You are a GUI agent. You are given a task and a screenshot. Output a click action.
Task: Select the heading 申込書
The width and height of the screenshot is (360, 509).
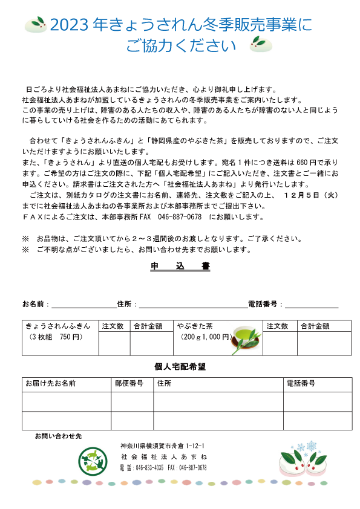(x=180, y=266)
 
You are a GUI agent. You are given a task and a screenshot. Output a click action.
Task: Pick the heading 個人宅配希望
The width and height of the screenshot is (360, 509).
(x=180, y=367)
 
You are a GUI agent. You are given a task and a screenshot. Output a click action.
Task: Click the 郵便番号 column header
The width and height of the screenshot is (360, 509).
(x=129, y=384)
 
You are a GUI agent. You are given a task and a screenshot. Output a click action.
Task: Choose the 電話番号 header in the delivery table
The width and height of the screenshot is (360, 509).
(x=301, y=384)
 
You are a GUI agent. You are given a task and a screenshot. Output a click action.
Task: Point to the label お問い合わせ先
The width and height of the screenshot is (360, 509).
(x=58, y=435)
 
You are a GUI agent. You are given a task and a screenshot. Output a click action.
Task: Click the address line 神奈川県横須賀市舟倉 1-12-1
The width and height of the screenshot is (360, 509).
(x=163, y=446)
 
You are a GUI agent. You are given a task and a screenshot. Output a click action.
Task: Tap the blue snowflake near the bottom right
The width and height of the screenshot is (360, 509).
(x=311, y=447)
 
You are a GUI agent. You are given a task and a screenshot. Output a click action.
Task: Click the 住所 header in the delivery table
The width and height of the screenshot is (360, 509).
(x=164, y=384)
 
